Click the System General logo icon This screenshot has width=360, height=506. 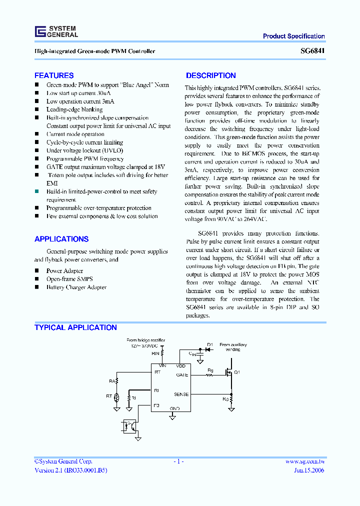pyautogui.click(x=40, y=32)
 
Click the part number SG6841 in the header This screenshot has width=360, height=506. pyautogui.click(x=312, y=51)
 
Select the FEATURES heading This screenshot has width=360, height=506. pyautogui.click(x=54, y=75)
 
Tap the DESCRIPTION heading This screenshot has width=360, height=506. pyautogui.click(x=210, y=75)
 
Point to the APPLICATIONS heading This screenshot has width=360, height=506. pyautogui.click(x=61, y=239)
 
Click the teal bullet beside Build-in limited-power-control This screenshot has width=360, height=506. pyautogui.click(x=36, y=191)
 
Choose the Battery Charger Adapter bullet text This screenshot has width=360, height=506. pyautogui.click(x=76, y=287)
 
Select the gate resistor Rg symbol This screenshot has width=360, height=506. pyautogui.click(x=210, y=374)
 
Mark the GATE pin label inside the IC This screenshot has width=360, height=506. pyautogui.click(x=182, y=374)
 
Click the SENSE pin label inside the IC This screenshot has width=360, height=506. pyautogui.click(x=181, y=394)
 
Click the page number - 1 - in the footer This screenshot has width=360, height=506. pyautogui.click(x=179, y=461)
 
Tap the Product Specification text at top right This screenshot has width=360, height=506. pyautogui.click(x=293, y=36)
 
